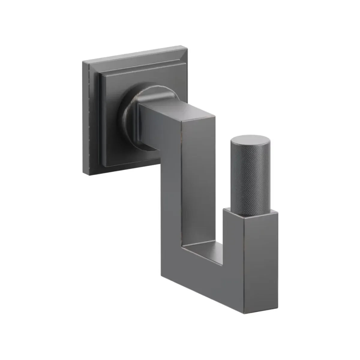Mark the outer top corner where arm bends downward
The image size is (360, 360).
point(214,115)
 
